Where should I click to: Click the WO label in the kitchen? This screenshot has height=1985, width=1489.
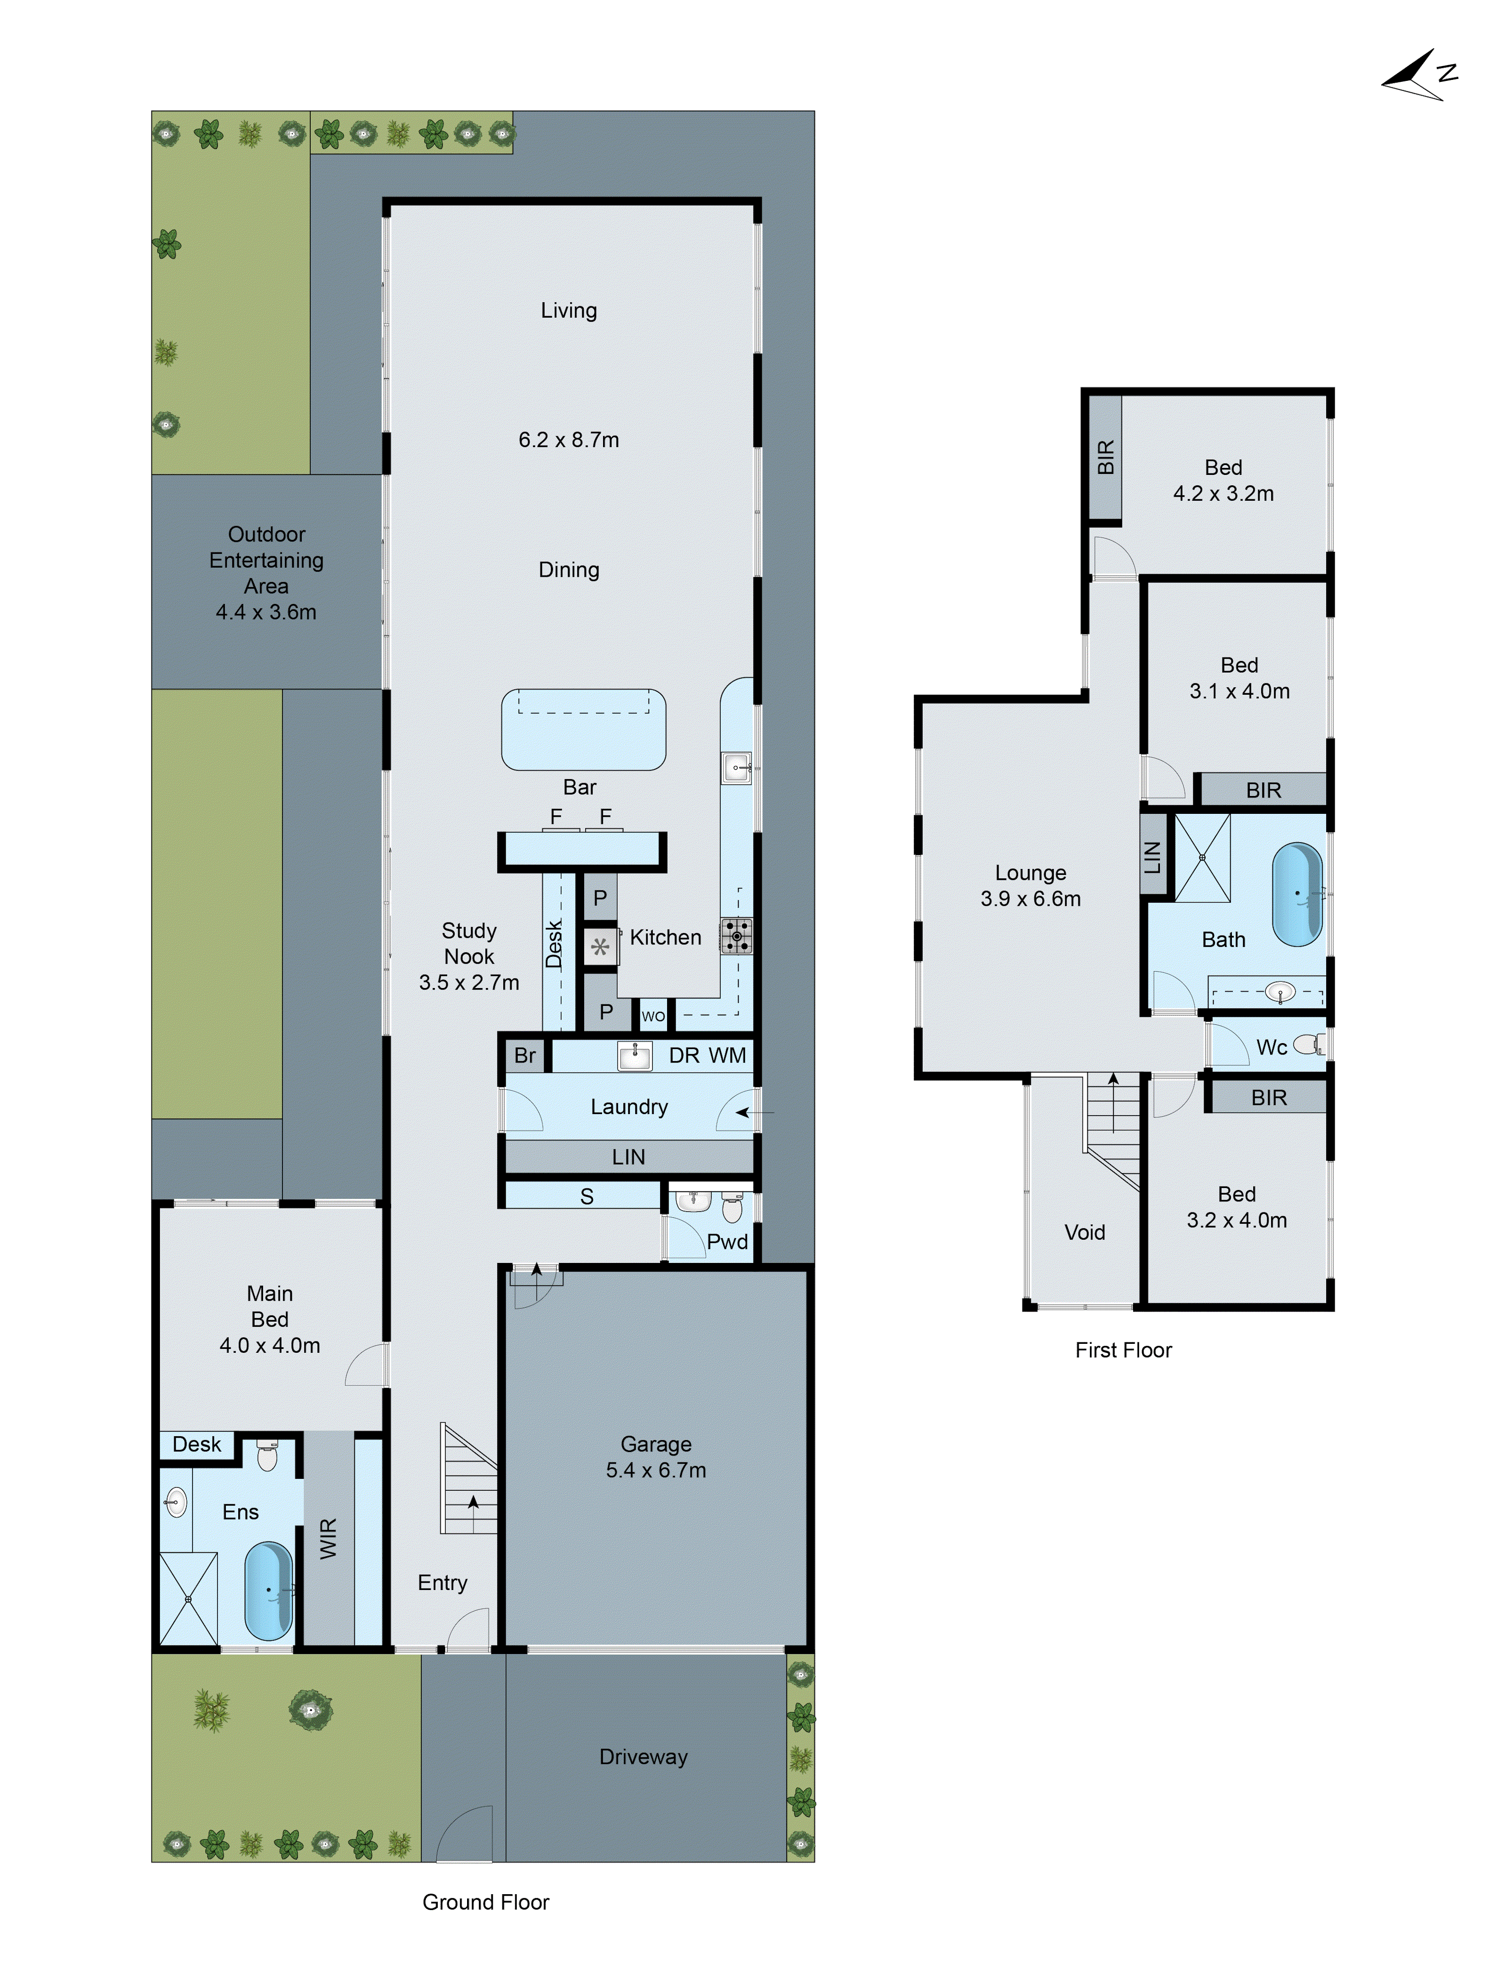[x=653, y=1016]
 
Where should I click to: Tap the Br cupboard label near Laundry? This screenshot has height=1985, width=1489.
[x=524, y=1056]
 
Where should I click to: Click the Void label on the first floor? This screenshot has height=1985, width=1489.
[x=1084, y=1232]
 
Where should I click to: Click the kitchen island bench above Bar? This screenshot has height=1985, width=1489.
[x=583, y=729]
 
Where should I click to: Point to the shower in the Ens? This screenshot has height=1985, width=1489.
[x=189, y=1599]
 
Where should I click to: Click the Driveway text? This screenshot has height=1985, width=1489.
[x=643, y=1756]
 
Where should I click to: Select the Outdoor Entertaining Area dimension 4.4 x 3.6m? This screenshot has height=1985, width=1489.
[x=266, y=612]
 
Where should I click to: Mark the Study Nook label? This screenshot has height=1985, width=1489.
[x=469, y=943]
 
